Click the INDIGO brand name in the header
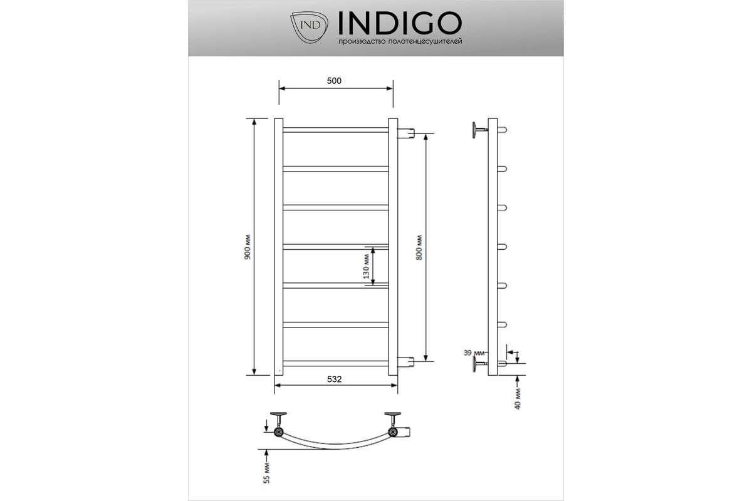coord(400,23)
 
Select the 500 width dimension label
coord(335,80)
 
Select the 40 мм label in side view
coord(518,399)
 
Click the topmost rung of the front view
coord(335,130)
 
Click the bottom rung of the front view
coord(335,363)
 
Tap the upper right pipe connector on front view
coord(407,133)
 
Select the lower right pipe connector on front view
coord(407,361)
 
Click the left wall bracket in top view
coord(278,416)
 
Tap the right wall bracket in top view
coord(394,416)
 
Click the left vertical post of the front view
coord(278,247)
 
